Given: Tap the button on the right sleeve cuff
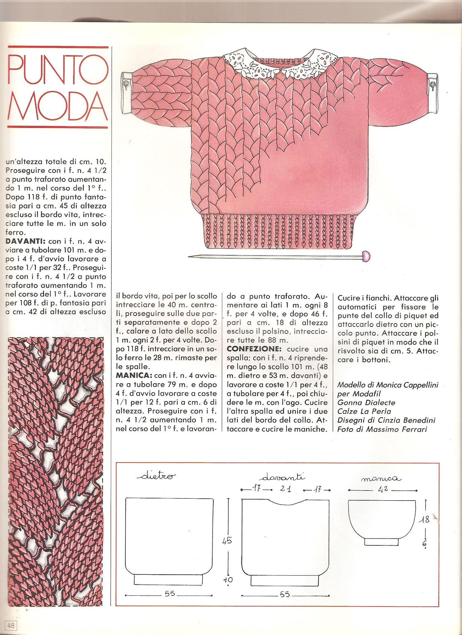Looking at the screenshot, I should pos(433,92).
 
